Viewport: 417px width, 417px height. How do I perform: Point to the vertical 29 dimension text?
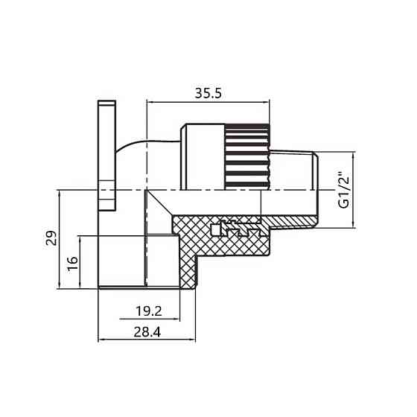point(51,238)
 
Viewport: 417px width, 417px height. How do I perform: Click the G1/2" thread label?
point(343,191)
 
